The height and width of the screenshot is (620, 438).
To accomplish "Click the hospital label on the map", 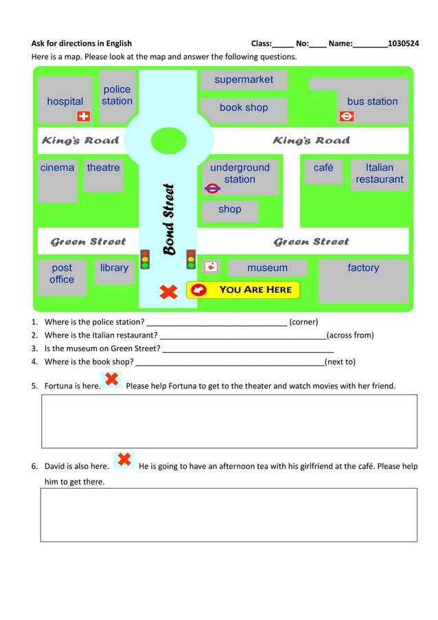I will point(65,102).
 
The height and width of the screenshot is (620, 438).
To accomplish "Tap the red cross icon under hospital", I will point(84,116).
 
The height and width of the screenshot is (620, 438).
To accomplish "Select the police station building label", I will point(117,96).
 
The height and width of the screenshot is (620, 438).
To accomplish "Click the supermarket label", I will point(244,80).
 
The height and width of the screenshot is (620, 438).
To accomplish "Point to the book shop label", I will point(244,108).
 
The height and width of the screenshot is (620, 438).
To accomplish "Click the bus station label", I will point(372,102).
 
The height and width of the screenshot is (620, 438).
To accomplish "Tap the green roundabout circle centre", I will point(168,140).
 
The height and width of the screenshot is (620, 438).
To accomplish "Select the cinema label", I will point(57,168).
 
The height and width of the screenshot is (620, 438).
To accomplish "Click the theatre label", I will point(103,168).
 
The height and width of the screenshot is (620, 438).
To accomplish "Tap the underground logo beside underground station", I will point(212,187).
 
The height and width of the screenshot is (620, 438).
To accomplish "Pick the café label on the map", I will point(323,168).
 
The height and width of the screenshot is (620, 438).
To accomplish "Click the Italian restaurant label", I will point(380,173).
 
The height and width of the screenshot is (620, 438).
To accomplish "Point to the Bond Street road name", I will point(169,219).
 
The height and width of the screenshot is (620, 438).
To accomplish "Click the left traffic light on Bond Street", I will point(145,258).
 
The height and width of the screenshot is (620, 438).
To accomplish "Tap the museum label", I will point(267,268).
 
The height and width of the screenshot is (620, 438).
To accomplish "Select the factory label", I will point(363,268).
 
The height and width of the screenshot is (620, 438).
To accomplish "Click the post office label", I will point(62,274).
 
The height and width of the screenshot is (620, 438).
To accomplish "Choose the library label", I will point(114,268).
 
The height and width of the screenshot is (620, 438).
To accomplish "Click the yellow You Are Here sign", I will point(244,290).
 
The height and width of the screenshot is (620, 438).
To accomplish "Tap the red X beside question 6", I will point(124,460).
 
